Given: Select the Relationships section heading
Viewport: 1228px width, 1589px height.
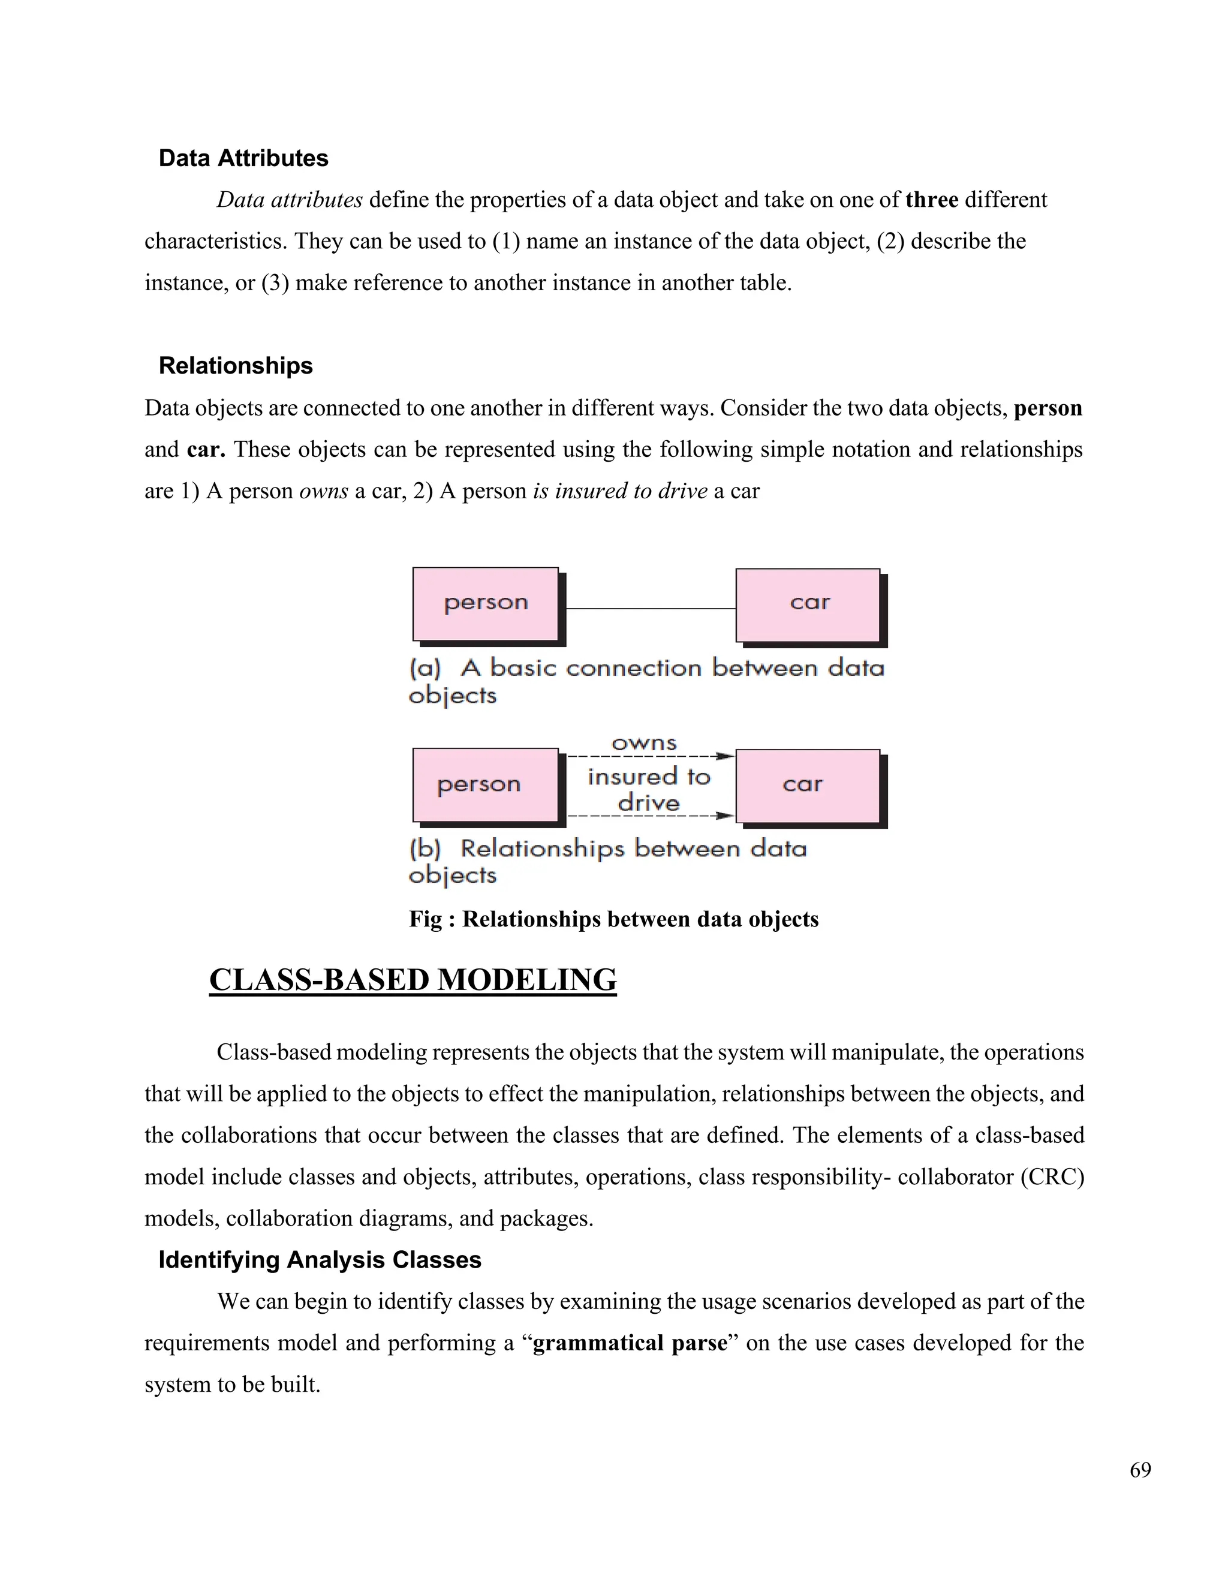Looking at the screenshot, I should click(235, 365).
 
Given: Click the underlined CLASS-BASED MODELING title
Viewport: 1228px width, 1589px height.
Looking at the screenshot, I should click(413, 980).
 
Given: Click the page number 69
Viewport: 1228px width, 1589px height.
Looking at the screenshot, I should click(1140, 1470).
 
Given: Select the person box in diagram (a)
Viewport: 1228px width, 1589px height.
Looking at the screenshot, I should click(485, 604).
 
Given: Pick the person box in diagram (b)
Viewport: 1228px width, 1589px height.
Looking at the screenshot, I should click(485, 785).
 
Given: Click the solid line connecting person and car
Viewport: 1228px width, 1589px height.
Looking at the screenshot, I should click(651, 608).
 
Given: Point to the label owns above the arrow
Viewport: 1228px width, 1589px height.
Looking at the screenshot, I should click(644, 743).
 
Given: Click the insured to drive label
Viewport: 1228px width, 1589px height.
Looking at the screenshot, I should click(648, 790).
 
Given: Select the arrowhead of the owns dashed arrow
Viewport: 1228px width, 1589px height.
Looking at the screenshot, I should click(724, 756).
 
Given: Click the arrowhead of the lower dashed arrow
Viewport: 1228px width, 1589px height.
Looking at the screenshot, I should click(724, 815).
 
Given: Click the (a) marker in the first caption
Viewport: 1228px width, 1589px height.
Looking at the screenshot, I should click(425, 668).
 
